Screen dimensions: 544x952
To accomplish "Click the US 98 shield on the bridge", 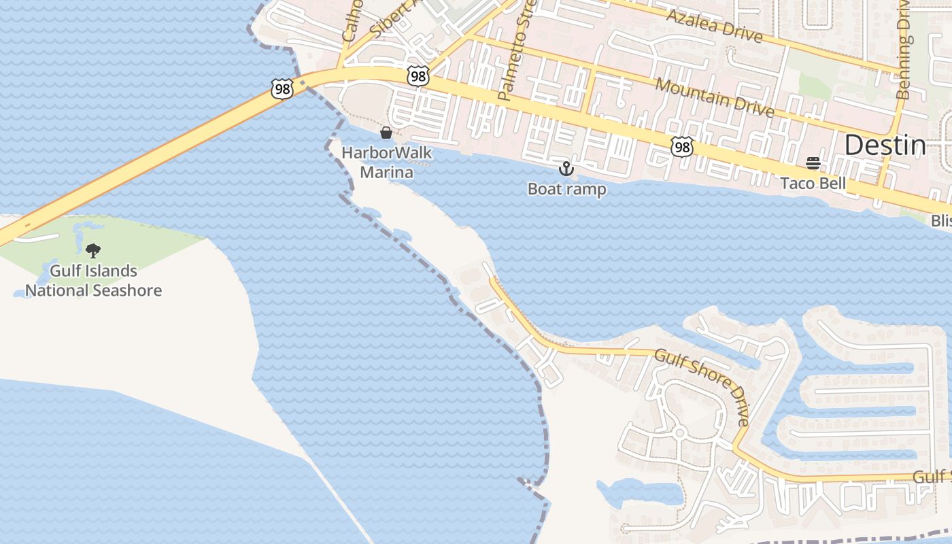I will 282,88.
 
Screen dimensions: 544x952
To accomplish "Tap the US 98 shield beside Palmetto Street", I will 418,76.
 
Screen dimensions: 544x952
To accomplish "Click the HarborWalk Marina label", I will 386,163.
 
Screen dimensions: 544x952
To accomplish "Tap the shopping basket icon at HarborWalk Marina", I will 386,132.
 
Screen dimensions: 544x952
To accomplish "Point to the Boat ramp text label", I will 566,189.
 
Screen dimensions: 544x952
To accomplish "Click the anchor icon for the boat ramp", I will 566,169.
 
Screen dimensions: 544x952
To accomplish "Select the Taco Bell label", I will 813,183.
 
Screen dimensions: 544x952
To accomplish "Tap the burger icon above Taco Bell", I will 813,163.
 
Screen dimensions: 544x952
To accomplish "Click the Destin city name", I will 885,146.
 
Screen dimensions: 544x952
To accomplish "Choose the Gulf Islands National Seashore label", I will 94,281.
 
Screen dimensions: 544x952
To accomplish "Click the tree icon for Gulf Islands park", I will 93,251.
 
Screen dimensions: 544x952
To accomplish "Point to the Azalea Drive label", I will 714,26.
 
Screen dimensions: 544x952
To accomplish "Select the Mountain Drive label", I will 715,97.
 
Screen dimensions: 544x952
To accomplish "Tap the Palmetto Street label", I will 516,52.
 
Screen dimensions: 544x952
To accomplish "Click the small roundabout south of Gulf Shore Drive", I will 679,432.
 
